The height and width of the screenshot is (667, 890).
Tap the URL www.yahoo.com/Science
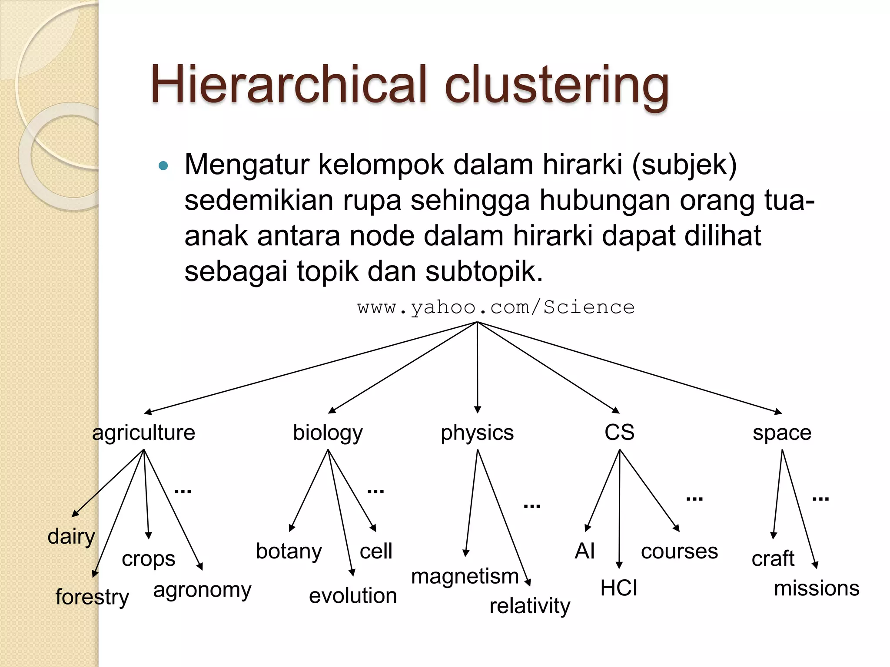pyautogui.click(x=496, y=307)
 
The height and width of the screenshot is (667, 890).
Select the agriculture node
pyautogui.click(x=143, y=433)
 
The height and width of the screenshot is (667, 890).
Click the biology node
pyautogui.click(x=328, y=433)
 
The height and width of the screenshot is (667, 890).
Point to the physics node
pyautogui.click(x=477, y=433)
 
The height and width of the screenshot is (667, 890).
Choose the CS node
pyautogui.click(x=619, y=432)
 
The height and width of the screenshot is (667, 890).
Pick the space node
pyautogui.click(x=782, y=433)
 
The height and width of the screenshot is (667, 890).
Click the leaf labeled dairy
pyautogui.click(x=71, y=537)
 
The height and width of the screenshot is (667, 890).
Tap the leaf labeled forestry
pyautogui.click(x=92, y=597)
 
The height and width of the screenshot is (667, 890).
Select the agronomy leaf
pyautogui.click(x=202, y=590)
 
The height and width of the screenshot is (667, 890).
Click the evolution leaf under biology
pyautogui.click(x=353, y=595)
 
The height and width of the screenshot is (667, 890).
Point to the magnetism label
pyautogui.click(x=465, y=577)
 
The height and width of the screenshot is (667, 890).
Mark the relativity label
pyautogui.click(x=530, y=606)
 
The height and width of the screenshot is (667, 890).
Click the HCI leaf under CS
pyautogui.click(x=619, y=588)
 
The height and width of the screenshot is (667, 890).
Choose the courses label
pyautogui.click(x=679, y=551)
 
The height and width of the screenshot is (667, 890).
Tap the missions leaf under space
pyautogui.click(x=817, y=588)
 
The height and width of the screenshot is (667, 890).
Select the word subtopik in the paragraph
pyautogui.click(x=484, y=271)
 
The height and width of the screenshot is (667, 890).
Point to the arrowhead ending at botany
pyautogui.click(x=292, y=528)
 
